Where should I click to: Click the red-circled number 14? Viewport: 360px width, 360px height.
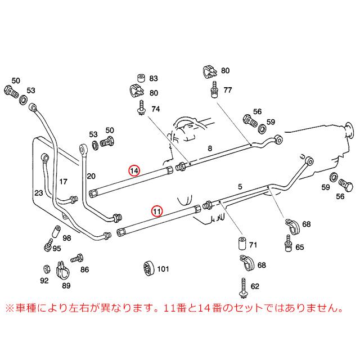(x=134, y=170)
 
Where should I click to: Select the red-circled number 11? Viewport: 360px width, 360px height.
(x=157, y=211)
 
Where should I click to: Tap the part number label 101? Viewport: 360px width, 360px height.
(x=163, y=269)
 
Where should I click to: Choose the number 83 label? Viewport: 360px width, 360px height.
(x=154, y=78)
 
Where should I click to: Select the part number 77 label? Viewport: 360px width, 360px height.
(x=227, y=89)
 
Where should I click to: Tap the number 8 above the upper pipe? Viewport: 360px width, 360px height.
(x=209, y=148)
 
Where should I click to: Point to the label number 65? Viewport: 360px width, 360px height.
(x=299, y=247)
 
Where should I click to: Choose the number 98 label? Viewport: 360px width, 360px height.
(x=67, y=238)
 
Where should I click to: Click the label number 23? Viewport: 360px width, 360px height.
(x=38, y=193)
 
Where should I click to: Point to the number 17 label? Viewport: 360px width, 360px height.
(x=64, y=182)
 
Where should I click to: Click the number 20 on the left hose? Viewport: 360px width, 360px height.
(x=91, y=176)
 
